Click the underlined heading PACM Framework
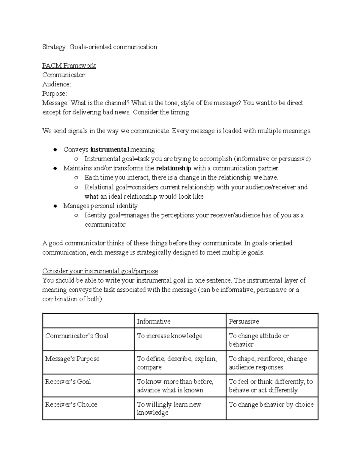click(69, 65)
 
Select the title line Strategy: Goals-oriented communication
click(100, 47)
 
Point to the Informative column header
click(154, 321)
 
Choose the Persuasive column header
click(244, 321)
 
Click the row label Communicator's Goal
click(76, 336)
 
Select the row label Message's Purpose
click(72, 359)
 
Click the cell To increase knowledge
click(169, 336)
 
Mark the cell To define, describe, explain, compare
click(177, 363)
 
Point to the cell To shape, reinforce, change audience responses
click(268, 363)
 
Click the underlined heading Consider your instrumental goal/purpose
click(100, 271)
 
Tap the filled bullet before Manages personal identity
click(55, 206)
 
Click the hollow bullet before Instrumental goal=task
click(76, 159)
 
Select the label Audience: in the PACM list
click(57, 84)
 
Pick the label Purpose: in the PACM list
click(55, 93)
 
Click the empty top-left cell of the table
click(88, 321)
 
